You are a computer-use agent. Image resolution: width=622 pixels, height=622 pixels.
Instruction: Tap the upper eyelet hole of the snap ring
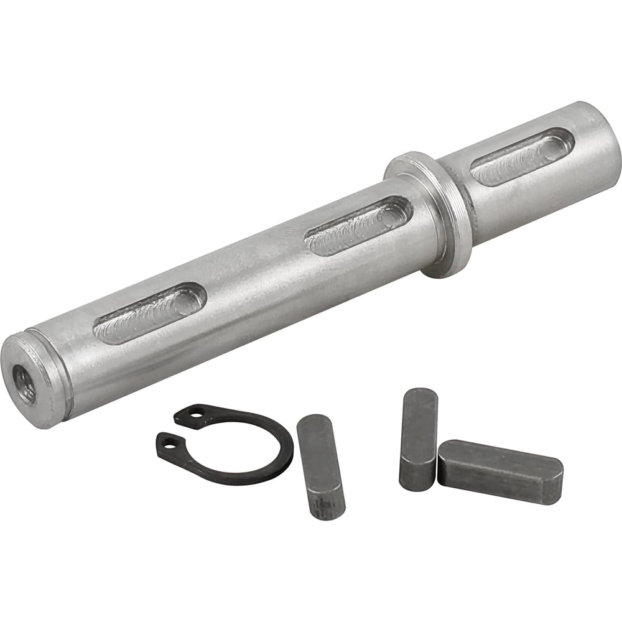[x=197, y=412]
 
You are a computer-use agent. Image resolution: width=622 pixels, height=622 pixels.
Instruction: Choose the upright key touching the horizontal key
[x=417, y=439]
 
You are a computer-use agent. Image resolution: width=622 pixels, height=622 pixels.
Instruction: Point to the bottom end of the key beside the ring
[x=328, y=507]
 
